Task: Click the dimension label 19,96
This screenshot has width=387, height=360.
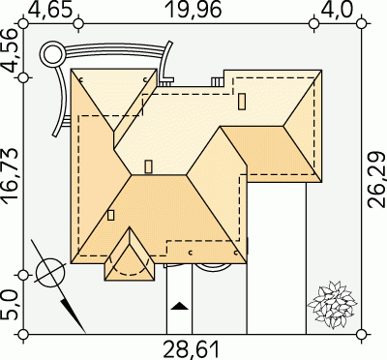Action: [x=193, y=10]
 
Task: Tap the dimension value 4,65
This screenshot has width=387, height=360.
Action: [x=50, y=10]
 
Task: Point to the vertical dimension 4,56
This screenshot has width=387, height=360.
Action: [x=10, y=51]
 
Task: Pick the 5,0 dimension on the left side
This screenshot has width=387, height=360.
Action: [x=10, y=305]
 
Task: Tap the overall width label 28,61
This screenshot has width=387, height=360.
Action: [x=192, y=349]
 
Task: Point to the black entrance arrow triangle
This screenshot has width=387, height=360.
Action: [x=179, y=306]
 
